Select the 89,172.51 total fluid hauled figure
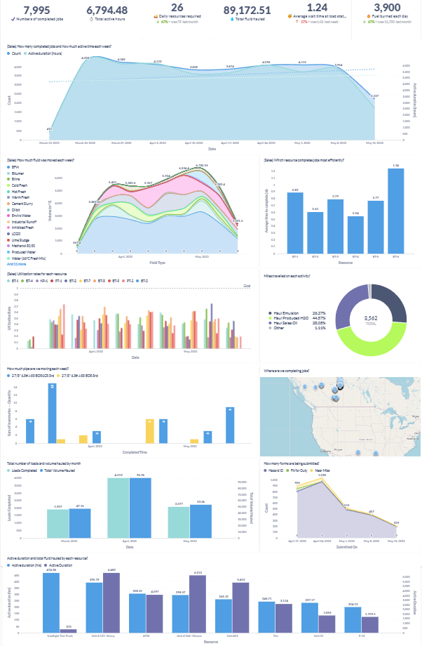(x=247, y=10)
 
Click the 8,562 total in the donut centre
(x=371, y=318)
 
